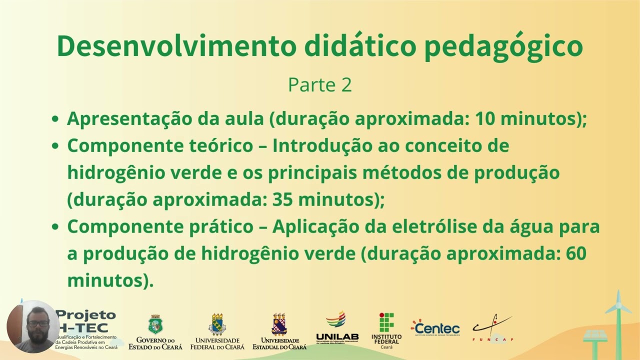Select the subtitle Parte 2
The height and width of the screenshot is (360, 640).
pos(320,85)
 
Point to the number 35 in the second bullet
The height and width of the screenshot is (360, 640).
pos(283,199)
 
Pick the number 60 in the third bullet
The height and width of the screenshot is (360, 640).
pos(575,253)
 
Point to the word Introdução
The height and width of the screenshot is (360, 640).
pos(327,146)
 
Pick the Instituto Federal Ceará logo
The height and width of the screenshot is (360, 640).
pos(386,330)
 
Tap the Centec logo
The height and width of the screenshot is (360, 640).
pos(435,328)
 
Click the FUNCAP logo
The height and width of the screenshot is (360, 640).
pos(493,328)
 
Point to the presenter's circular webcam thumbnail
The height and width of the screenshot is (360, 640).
pos(33,326)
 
